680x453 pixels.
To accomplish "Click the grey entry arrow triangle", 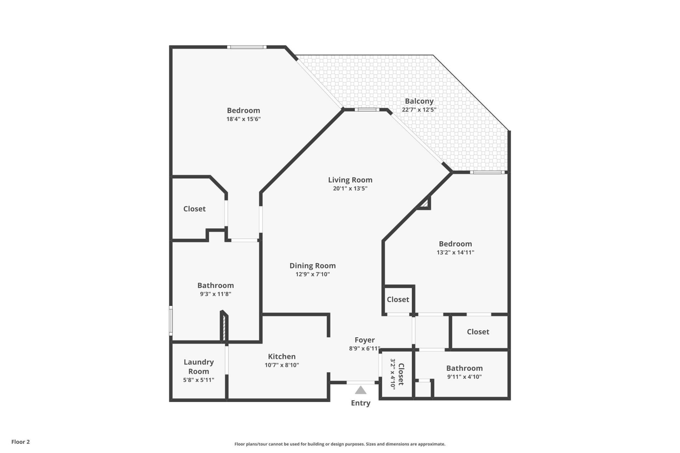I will pyautogui.click(x=361, y=390).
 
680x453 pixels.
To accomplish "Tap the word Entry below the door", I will pyautogui.click(x=361, y=403).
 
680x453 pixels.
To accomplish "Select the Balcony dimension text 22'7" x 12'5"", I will pyautogui.click(x=419, y=110).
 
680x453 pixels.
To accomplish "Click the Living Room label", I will pyautogui.click(x=350, y=180).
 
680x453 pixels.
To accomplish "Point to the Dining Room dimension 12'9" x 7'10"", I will pyautogui.click(x=312, y=274).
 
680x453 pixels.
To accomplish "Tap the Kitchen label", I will pyautogui.click(x=282, y=356).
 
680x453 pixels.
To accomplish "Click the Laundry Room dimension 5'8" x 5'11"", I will pyautogui.click(x=198, y=380).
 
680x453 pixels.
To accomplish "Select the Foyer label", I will pyautogui.click(x=364, y=340).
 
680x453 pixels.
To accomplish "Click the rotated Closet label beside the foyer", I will pyautogui.click(x=401, y=374).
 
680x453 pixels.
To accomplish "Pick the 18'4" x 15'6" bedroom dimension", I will pyautogui.click(x=243, y=119).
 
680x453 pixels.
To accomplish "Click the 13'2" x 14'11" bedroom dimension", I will pyautogui.click(x=455, y=253).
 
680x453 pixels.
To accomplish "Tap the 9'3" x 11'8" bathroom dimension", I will pyautogui.click(x=215, y=294).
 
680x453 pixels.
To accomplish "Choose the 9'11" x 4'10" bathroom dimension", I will pyautogui.click(x=464, y=377).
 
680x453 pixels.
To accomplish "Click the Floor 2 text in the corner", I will pyautogui.click(x=21, y=442).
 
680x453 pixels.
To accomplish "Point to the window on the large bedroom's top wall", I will pyautogui.click(x=246, y=47).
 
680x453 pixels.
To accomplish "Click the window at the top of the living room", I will pyautogui.click(x=367, y=109).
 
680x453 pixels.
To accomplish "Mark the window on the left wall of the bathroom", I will pyautogui.click(x=171, y=321).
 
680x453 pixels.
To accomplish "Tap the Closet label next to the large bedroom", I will pyautogui.click(x=194, y=209).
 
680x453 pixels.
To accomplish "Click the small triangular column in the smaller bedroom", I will pyautogui.click(x=425, y=203).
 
